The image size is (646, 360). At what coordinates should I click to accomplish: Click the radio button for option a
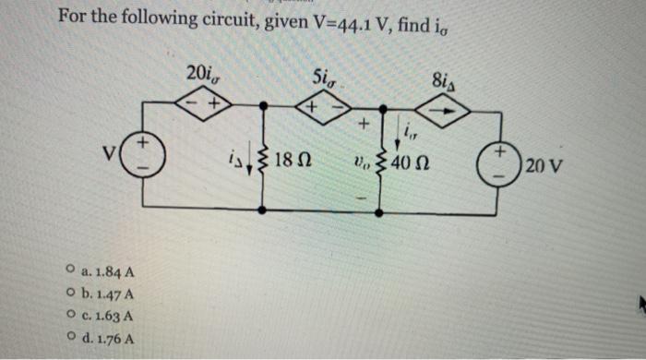click(71, 272)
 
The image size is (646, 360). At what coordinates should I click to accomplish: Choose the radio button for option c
click(71, 316)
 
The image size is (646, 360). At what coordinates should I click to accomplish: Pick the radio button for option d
click(71, 337)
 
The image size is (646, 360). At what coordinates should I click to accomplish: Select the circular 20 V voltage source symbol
click(503, 164)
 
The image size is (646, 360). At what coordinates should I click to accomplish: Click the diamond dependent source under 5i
click(318, 109)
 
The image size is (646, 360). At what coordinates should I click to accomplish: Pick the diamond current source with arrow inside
click(443, 109)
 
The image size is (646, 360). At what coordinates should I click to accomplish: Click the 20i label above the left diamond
click(202, 72)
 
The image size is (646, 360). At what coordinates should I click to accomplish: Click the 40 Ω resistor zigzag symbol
click(380, 164)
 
